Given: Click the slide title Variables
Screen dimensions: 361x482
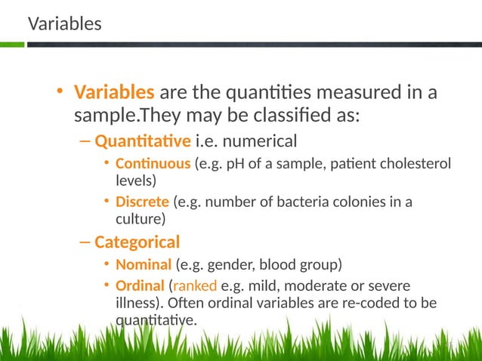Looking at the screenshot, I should (x=64, y=24).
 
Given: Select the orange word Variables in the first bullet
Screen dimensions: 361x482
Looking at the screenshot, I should (x=114, y=94).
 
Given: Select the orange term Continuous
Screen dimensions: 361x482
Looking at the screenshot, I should (x=153, y=164).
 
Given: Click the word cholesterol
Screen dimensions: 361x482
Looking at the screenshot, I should (x=414, y=164).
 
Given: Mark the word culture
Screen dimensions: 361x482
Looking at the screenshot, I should (x=137, y=218).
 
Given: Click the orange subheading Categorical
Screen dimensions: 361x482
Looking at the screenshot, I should (x=137, y=242).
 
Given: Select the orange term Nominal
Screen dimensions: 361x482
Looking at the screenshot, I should (x=144, y=265).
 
